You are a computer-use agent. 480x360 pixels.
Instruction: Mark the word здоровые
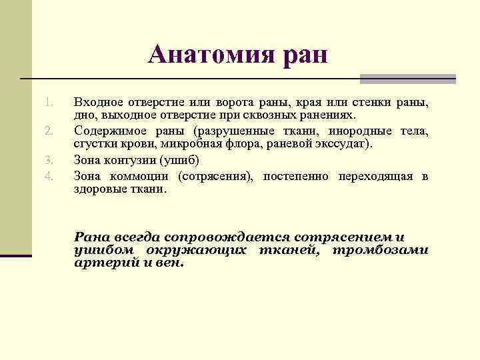point(100,189)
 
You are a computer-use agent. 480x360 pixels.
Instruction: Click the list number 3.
point(48,160)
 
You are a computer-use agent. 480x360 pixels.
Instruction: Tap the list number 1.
point(48,103)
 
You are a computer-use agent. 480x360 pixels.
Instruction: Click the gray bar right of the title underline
point(407,79)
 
